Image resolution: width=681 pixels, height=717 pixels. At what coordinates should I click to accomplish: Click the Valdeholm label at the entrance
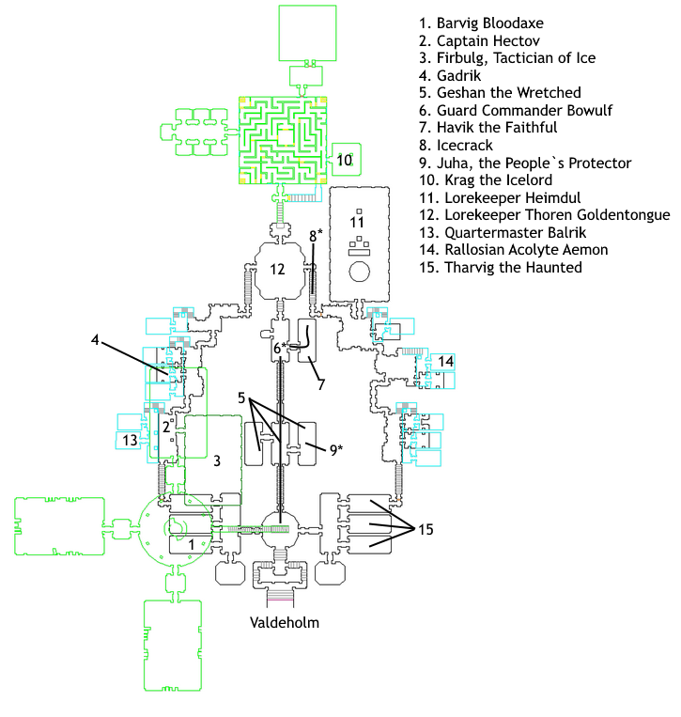285,622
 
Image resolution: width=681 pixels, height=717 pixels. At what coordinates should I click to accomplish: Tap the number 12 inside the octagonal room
277,270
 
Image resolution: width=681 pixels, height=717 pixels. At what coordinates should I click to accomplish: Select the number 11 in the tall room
357,223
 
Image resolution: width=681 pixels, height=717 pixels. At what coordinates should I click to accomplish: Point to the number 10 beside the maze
344,160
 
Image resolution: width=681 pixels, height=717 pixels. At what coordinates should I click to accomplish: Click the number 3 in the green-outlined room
217,460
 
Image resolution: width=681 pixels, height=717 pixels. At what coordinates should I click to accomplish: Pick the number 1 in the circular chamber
192,545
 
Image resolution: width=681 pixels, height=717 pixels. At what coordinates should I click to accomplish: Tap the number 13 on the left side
130,441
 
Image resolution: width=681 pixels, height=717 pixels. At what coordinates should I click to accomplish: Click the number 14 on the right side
445,361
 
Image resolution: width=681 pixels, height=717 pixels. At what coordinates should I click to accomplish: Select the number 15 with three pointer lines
426,529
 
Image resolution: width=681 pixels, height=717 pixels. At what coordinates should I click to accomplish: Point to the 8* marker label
316,236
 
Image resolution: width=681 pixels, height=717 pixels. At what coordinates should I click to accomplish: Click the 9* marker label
336,450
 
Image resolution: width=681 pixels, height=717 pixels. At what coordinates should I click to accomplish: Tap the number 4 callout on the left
95,340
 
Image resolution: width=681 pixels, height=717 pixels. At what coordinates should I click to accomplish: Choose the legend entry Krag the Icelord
486,180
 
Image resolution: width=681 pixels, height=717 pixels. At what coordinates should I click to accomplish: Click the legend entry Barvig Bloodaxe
481,23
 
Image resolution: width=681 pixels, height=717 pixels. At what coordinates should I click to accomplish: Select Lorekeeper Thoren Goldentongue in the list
545,215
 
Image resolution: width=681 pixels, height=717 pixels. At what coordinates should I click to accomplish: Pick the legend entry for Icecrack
456,146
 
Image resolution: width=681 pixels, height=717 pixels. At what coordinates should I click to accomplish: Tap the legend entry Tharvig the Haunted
501,268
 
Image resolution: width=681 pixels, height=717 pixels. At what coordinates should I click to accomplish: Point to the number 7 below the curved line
321,384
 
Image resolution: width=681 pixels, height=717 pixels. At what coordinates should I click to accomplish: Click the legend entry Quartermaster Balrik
503,233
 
